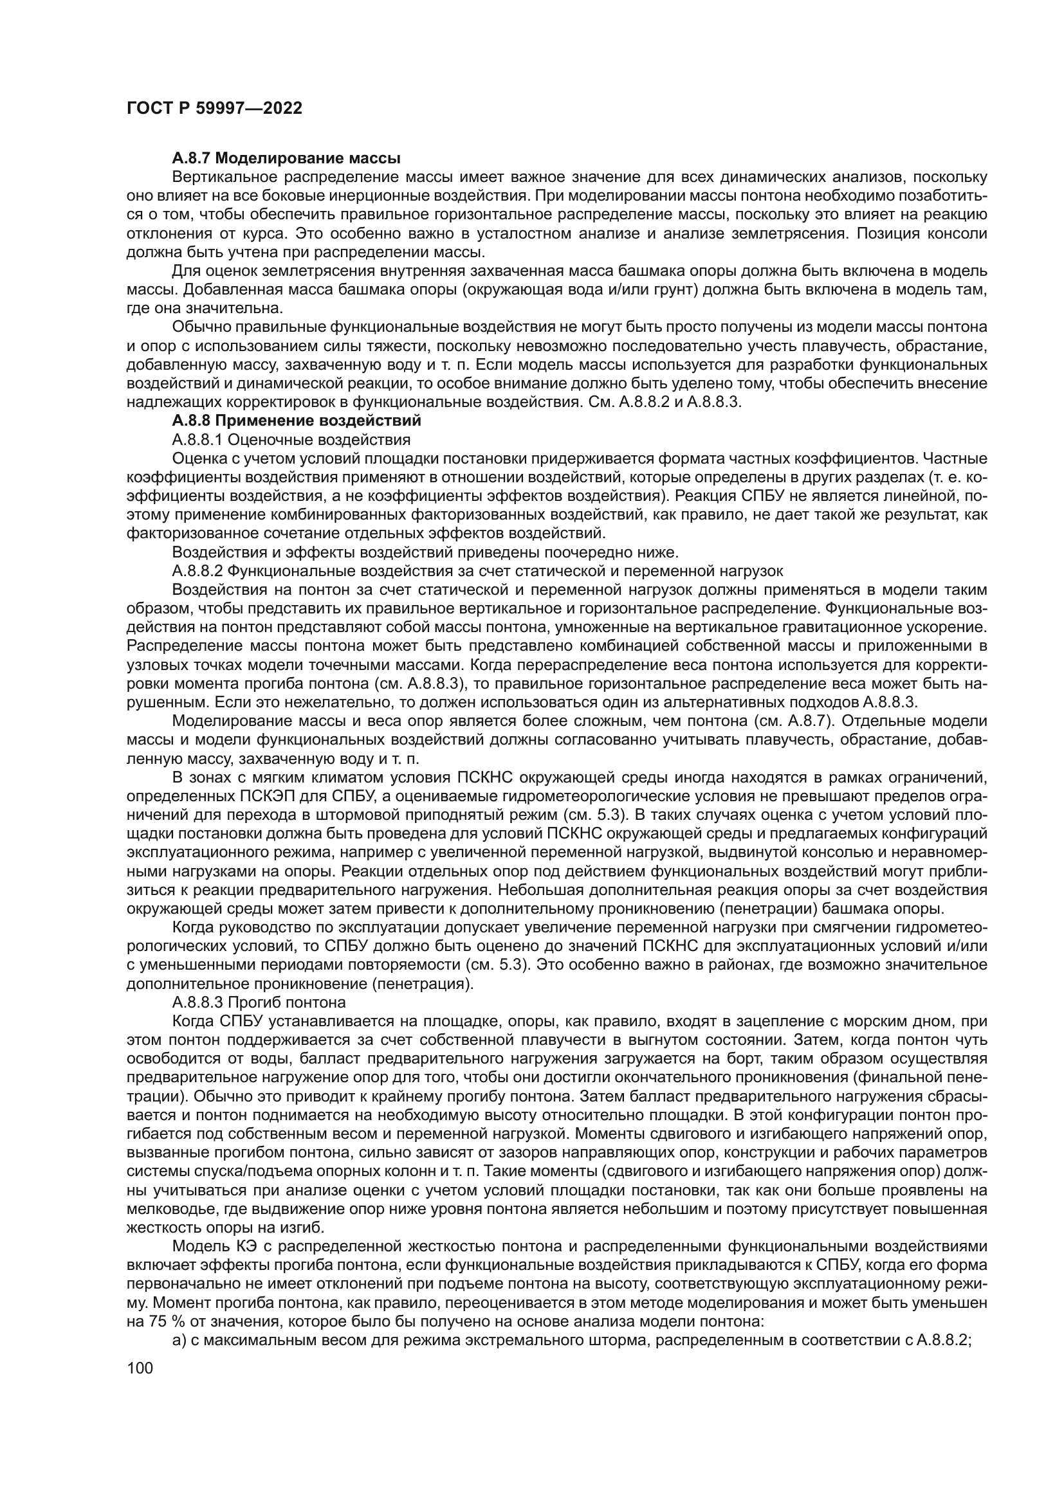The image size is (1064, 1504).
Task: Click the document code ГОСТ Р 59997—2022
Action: point(214,109)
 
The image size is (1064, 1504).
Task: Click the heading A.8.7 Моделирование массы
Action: point(286,158)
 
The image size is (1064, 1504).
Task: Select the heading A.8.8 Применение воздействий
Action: point(296,420)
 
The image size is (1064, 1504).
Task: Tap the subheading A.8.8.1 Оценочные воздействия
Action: point(291,439)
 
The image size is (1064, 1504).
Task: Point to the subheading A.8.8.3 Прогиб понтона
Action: point(259,1002)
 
